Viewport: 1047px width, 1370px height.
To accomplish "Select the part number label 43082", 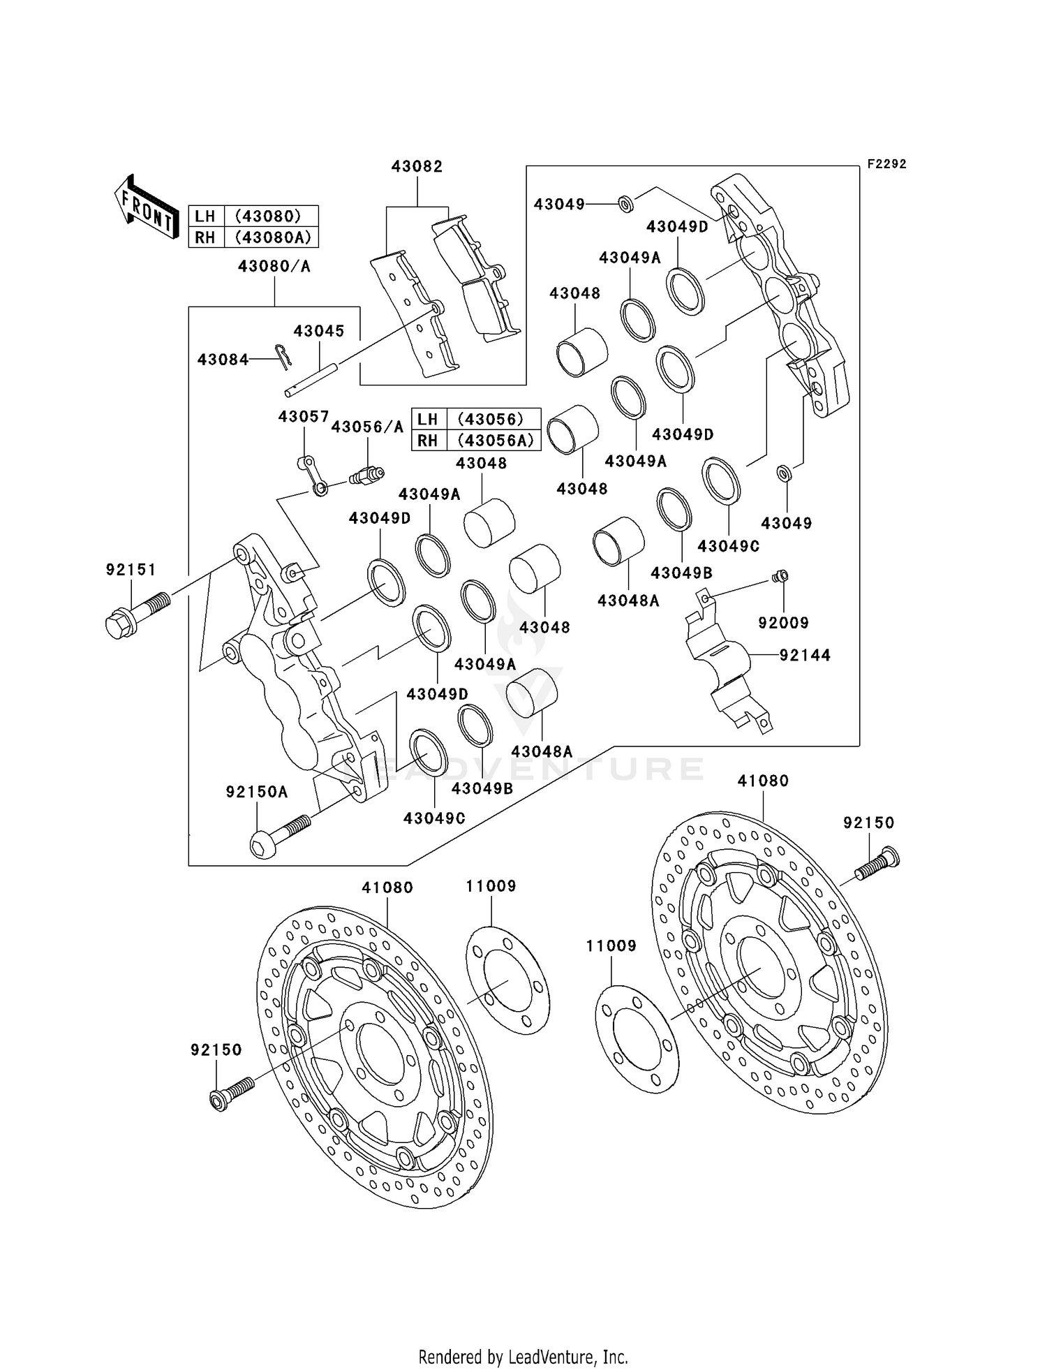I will point(417,166).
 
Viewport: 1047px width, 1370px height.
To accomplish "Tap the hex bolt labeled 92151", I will point(137,614).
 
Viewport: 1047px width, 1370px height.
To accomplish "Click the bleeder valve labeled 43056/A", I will point(366,476).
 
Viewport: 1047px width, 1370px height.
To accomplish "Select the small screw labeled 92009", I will point(780,576).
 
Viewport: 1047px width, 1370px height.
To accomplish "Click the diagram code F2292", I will point(886,164).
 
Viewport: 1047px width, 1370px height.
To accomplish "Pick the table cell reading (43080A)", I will point(272,237).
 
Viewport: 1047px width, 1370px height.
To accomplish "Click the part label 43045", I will point(318,330).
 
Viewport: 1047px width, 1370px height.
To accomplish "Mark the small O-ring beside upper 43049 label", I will point(626,205).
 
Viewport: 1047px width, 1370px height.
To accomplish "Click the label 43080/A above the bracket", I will point(274,266).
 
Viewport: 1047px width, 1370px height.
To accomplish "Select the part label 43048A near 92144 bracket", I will point(628,600).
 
